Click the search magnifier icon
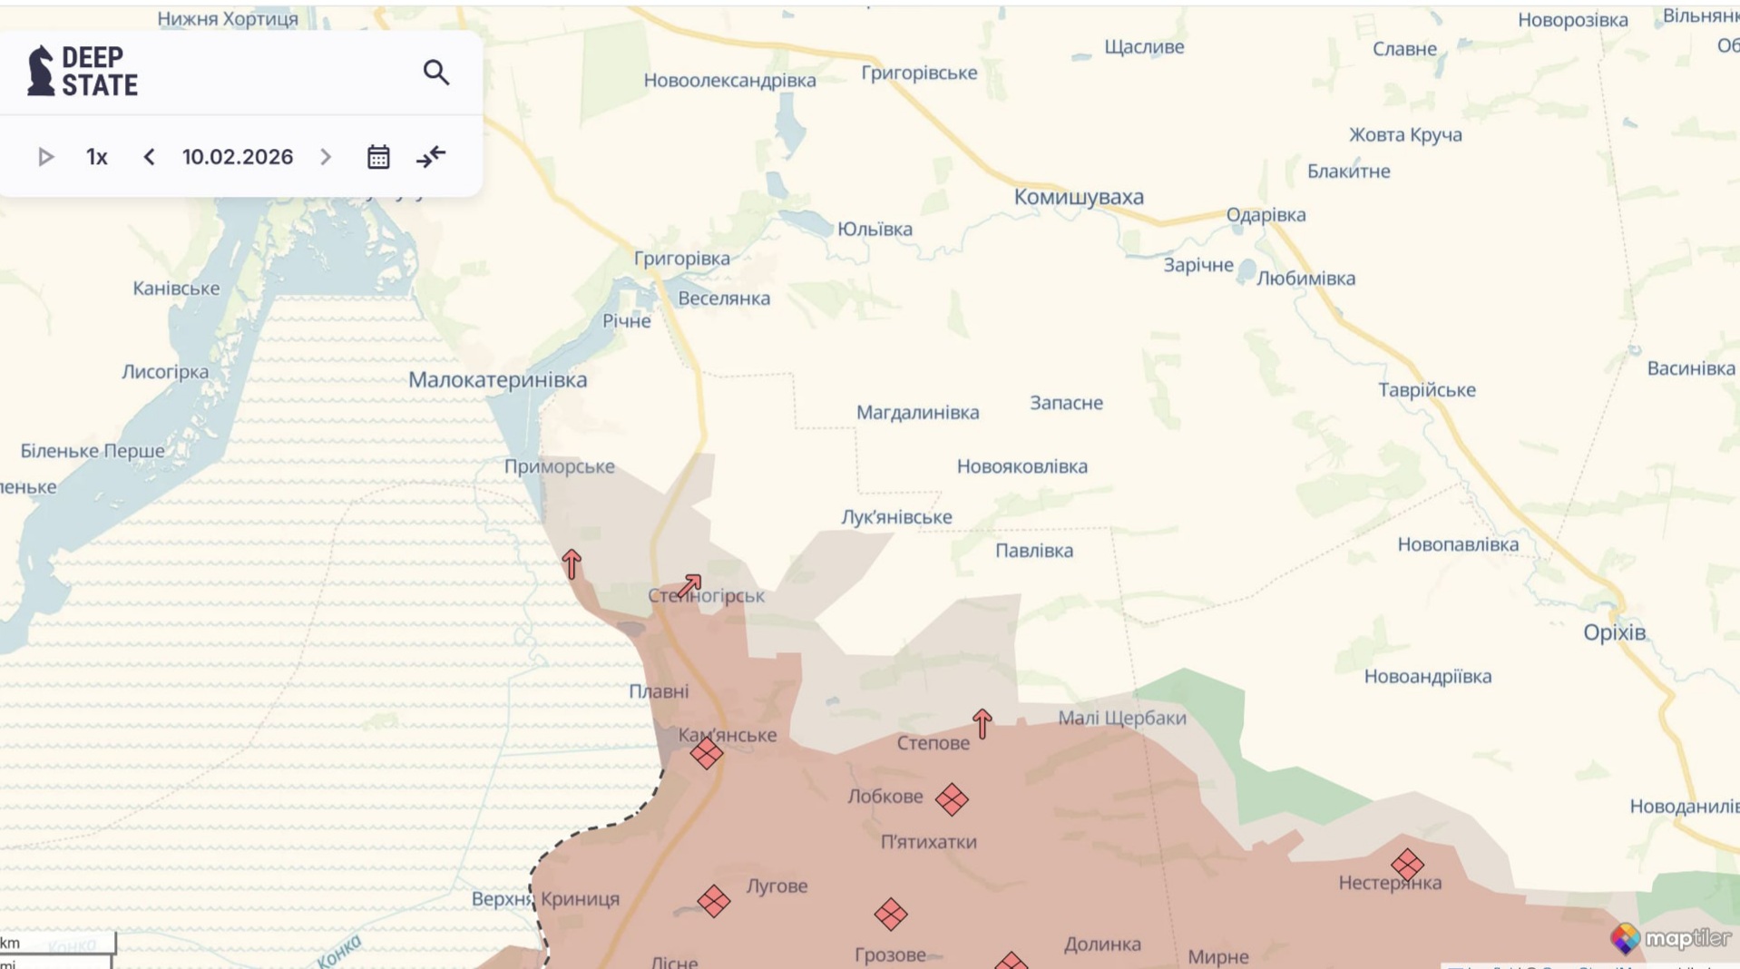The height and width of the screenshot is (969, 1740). point(436,73)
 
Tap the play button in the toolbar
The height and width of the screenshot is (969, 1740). point(45,157)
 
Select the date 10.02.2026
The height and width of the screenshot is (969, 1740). point(238,157)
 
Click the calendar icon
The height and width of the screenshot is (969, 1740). point(378,157)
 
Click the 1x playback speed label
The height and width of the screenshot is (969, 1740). point(97,157)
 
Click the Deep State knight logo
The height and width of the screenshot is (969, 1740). point(41,71)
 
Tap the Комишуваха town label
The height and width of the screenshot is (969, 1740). point(1078,197)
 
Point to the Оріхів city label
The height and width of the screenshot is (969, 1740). point(1614,632)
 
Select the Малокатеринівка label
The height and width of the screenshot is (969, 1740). point(497,380)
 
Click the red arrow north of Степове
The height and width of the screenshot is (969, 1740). point(982,723)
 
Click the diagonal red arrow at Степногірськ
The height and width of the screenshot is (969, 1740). point(689,585)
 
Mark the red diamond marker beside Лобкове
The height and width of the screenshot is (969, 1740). point(952,799)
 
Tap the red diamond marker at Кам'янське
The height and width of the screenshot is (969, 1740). point(706,753)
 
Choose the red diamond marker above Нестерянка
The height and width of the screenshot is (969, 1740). point(1407,864)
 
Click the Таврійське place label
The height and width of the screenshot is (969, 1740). point(1426,390)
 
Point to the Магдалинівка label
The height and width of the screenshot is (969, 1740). point(917,413)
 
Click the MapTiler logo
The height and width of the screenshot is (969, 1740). point(1670,937)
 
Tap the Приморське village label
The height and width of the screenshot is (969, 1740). point(559,466)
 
